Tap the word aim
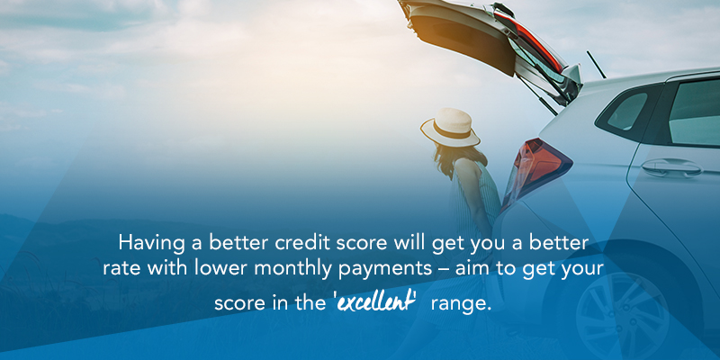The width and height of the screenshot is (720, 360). pyautogui.click(x=487, y=271)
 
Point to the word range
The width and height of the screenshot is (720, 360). pyautogui.click(x=461, y=303)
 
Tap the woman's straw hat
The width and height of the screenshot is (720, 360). pyautogui.click(x=451, y=127)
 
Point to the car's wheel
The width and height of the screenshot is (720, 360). pyautogui.click(x=620, y=315)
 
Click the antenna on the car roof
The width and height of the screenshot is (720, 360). pyautogui.click(x=597, y=65)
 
